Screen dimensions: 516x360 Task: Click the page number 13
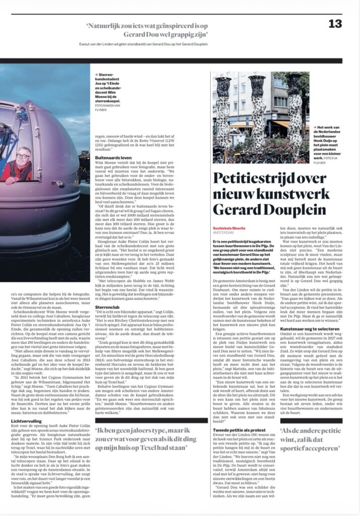335,24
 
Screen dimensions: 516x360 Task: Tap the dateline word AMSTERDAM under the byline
223,233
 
